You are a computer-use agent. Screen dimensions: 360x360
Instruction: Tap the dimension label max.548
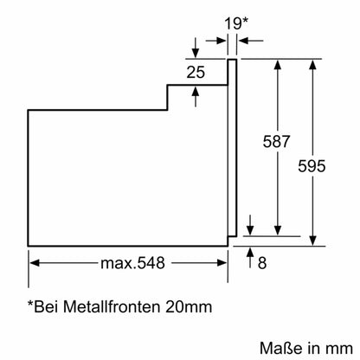[130, 260]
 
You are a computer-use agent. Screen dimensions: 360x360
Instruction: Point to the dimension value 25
[196, 73]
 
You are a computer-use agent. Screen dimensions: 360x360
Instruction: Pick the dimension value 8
[263, 260]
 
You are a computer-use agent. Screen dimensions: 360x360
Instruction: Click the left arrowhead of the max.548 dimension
[35, 260]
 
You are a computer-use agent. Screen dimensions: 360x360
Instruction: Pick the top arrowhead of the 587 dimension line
[278, 64]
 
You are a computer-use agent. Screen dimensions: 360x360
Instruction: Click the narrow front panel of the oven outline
[233, 147]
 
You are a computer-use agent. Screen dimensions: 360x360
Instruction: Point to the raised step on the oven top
[196, 87]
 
